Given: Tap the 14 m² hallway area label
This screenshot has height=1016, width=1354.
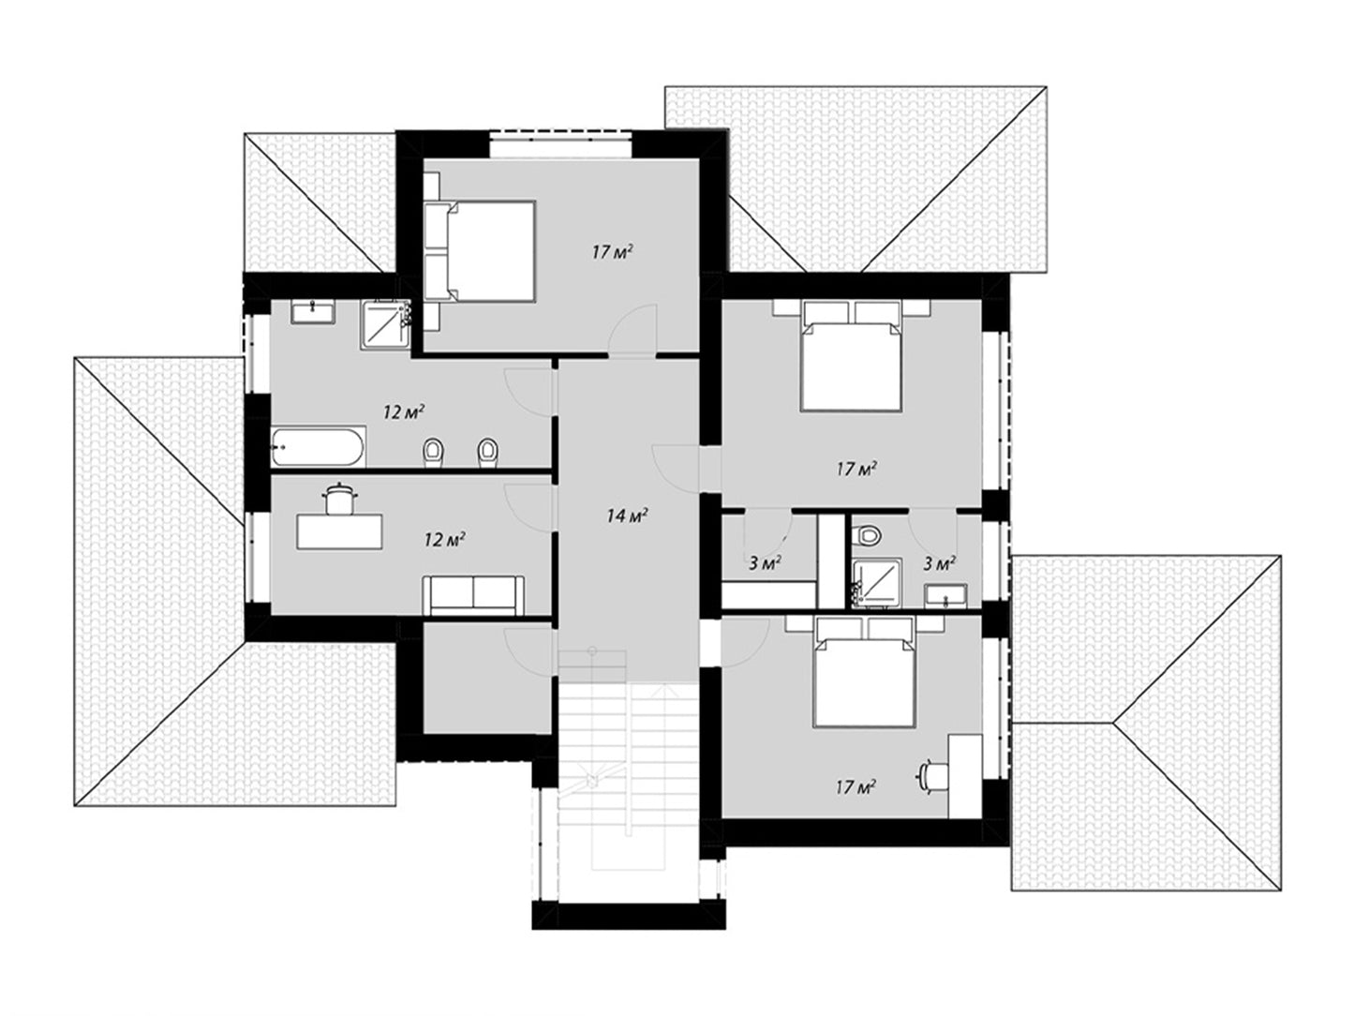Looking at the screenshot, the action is tap(627, 515).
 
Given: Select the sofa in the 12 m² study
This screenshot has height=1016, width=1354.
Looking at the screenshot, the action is tap(473, 595).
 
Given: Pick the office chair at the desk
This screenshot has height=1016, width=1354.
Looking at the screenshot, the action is tap(934, 775).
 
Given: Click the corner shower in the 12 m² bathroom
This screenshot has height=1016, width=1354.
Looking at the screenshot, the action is tap(386, 325).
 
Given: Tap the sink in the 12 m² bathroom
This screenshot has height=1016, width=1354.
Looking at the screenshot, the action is tap(313, 312).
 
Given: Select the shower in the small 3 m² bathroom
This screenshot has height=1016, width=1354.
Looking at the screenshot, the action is tap(876, 582).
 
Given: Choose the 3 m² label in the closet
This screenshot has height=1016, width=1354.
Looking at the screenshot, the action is tap(766, 562).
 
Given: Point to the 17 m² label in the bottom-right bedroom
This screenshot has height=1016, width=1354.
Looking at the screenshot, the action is tap(856, 786).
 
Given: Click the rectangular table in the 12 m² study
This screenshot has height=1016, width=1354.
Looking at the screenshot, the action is tap(339, 531).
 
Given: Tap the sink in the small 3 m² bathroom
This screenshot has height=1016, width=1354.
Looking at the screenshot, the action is tap(945, 595).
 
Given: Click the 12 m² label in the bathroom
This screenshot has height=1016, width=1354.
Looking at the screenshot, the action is tap(404, 411).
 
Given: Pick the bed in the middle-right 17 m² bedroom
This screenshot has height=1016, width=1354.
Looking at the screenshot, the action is tap(851, 356).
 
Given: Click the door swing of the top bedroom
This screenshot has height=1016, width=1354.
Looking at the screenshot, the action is tap(633, 330).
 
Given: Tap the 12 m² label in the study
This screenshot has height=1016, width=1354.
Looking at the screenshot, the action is tap(445, 540).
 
